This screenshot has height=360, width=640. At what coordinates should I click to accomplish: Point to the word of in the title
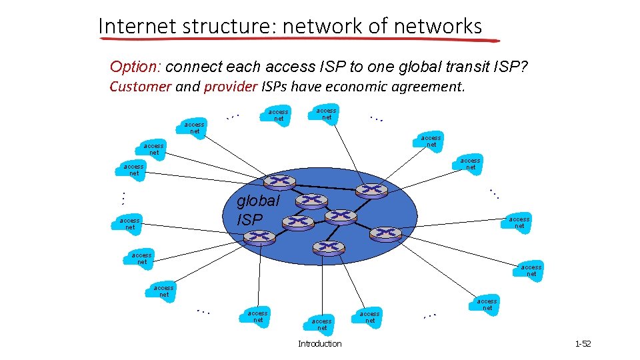379,26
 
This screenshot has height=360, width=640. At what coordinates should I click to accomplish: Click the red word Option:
135,67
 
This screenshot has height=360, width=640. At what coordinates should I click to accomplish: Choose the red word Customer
141,87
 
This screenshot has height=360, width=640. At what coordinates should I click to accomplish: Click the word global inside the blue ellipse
259,201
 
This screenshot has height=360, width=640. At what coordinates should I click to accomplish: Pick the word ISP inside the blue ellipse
250,219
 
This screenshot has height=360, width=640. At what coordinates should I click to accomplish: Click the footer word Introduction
319,344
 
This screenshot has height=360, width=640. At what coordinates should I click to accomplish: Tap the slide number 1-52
583,344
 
